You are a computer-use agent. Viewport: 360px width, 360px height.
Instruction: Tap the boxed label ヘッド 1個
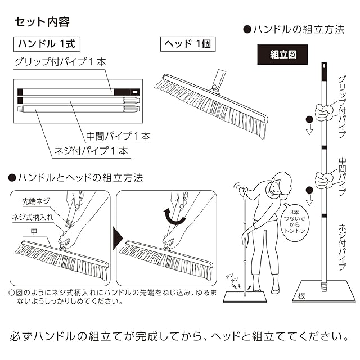coord(186,43)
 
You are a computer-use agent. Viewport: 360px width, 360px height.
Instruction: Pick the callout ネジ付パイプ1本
coord(91,151)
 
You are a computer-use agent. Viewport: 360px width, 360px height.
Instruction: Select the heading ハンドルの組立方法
coord(292,30)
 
